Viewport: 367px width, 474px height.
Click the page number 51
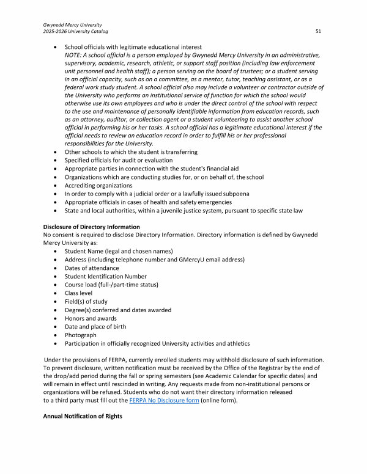(319, 31)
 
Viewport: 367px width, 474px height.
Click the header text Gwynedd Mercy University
(71, 24)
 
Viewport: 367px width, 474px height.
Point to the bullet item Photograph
(81, 335)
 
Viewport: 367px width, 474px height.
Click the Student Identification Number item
(105, 276)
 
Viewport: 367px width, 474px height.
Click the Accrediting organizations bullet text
(98, 185)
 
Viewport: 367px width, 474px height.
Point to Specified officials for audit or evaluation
(119, 160)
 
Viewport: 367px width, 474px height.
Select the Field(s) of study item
(86, 302)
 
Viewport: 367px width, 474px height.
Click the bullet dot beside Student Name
(57, 251)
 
